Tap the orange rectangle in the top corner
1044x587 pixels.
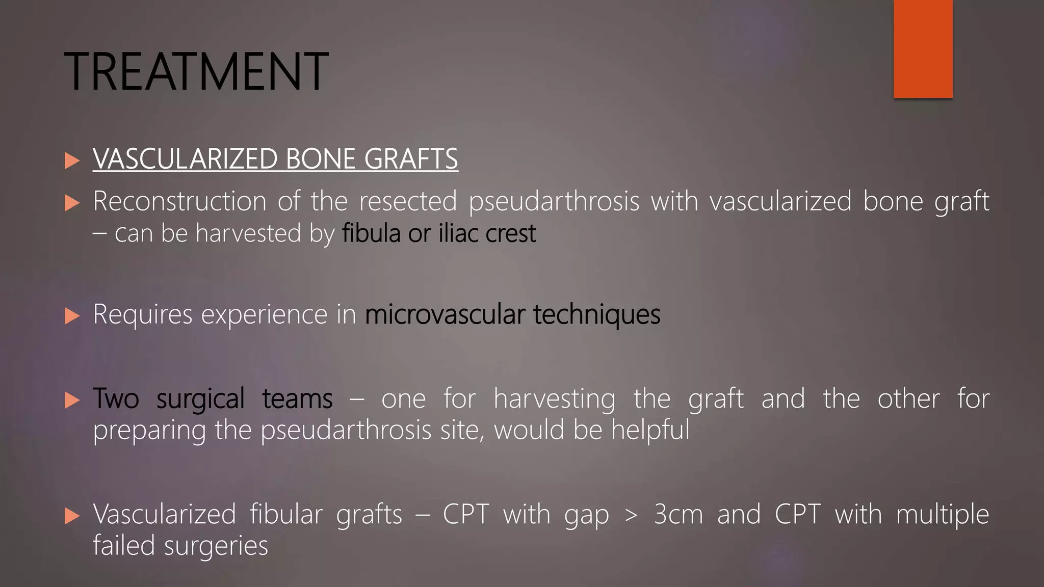click(x=923, y=48)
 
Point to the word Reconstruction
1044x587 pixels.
click(x=179, y=201)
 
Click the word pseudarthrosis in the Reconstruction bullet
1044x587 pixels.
click(x=554, y=201)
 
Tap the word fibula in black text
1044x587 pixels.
click(x=371, y=233)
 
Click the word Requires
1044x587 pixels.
click(x=142, y=314)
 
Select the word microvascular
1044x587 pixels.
click(x=445, y=314)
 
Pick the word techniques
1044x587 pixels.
click(x=597, y=314)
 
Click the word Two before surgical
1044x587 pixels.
click(x=116, y=398)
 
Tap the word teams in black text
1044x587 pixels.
click(x=297, y=398)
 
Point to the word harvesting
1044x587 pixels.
click(x=554, y=398)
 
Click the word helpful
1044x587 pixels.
click(x=650, y=430)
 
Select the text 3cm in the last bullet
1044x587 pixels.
click(x=678, y=514)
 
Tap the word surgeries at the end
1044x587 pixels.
click(x=216, y=546)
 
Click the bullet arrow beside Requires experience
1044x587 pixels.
click(x=72, y=316)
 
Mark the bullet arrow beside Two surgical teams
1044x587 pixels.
click(x=72, y=400)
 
